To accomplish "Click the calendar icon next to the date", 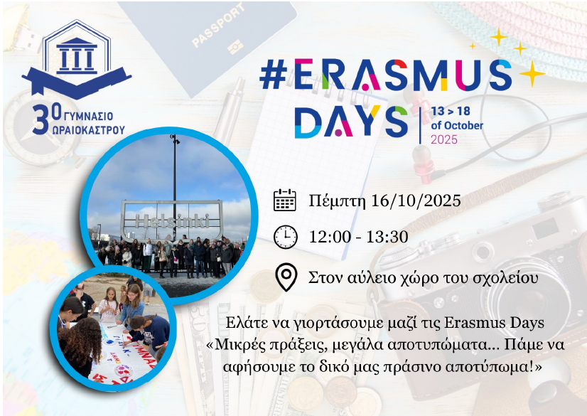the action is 285,200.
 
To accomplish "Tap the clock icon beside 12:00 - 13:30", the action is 285,237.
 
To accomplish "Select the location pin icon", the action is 286,277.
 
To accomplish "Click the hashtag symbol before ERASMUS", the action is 274,75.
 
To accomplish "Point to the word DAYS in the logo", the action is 351,122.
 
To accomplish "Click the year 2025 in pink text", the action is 444,139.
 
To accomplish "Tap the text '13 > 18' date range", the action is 451,111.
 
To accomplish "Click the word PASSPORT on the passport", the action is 218,25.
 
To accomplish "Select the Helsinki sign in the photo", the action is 172,220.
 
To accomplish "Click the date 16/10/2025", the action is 416,201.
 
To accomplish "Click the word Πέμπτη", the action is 337,201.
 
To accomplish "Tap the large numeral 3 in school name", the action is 41,119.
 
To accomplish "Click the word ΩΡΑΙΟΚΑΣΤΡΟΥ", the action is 89,130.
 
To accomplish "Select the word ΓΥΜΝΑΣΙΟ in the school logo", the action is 89,116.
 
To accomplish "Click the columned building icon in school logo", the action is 77,55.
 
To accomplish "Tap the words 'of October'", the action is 457,125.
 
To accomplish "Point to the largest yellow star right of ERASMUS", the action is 532,73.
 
